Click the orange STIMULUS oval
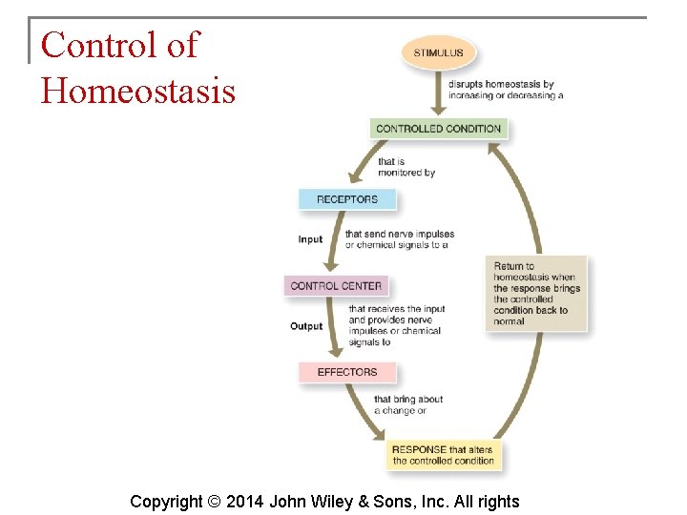tap(438, 53)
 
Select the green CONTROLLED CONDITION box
tap(438, 129)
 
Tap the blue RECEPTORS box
tap(347, 199)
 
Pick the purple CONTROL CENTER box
tap(336, 285)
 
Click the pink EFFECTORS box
tap(346, 372)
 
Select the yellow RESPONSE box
tap(443, 455)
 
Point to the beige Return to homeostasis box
tap(537, 294)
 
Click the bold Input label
tap(310, 239)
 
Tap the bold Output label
tap(306, 326)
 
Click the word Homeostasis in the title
tap(137, 92)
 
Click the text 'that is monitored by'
tap(406, 167)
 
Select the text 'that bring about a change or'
tap(408, 405)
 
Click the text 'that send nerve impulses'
tap(400, 234)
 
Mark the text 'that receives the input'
tap(397, 309)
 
